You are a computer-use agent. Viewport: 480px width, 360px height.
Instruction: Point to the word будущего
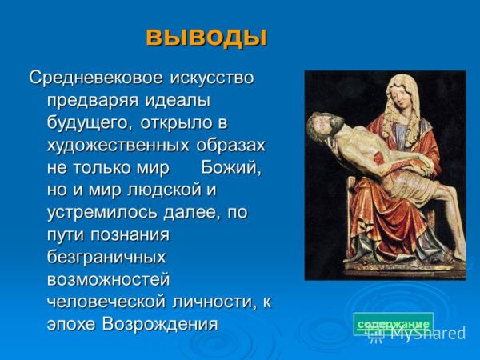pos(90,123)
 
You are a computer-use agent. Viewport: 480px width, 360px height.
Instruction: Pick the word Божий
pos(231,168)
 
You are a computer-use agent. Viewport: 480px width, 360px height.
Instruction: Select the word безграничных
pos(106,258)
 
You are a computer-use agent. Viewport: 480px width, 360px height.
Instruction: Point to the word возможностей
pos(108,280)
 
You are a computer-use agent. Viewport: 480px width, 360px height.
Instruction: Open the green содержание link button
pos(393,323)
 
